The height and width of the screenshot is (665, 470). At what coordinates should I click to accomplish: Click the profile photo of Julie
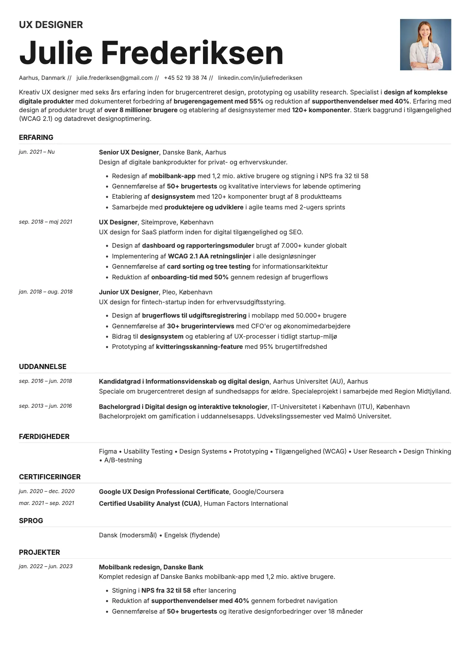pyautogui.click(x=425, y=45)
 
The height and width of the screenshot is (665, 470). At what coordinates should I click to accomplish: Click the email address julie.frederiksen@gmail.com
pyautogui.click(x=115, y=78)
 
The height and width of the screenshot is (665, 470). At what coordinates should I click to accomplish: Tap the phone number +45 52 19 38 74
pyautogui.click(x=185, y=78)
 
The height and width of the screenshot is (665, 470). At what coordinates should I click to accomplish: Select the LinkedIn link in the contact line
pyautogui.click(x=260, y=78)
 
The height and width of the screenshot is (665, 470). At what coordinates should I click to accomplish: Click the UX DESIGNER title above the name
pyautogui.click(x=51, y=25)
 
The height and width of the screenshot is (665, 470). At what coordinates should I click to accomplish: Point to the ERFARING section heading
pyautogui.click(x=36, y=138)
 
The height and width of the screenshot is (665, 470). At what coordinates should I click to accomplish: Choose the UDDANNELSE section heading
pyautogui.click(x=43, y=367)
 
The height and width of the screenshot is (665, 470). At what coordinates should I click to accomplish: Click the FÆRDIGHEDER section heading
pyautogui.click(x=44, y=437)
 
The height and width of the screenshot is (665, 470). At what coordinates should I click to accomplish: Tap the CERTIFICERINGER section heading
pyautogui.click(x=50, y=477)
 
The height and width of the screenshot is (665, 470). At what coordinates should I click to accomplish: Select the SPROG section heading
pyautogui.click(x=31, y=521)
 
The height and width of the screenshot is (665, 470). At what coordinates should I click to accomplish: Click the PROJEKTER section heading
pyautogui.click(x=39, y=552)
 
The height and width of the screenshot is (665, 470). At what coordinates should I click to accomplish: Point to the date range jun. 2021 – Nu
pyautogui.click(x=37, y=152)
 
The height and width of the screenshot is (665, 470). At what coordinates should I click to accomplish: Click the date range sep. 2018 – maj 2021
pyautogui.click(x=45, y=222)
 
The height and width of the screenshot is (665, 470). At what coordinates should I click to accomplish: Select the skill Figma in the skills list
pyautogui.click(x=108, y=451)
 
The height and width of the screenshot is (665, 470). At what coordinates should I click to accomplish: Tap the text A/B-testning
pyautogui.click(x=123, y=460)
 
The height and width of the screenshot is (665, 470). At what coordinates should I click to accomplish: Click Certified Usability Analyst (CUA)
pyautogui.click(x=150, y=503)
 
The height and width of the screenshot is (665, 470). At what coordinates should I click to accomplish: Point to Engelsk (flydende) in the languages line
pyautogui.click(x=192, y=535)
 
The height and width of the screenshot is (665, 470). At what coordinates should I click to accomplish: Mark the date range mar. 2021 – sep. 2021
pyautogui.click(x=47, y=503)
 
